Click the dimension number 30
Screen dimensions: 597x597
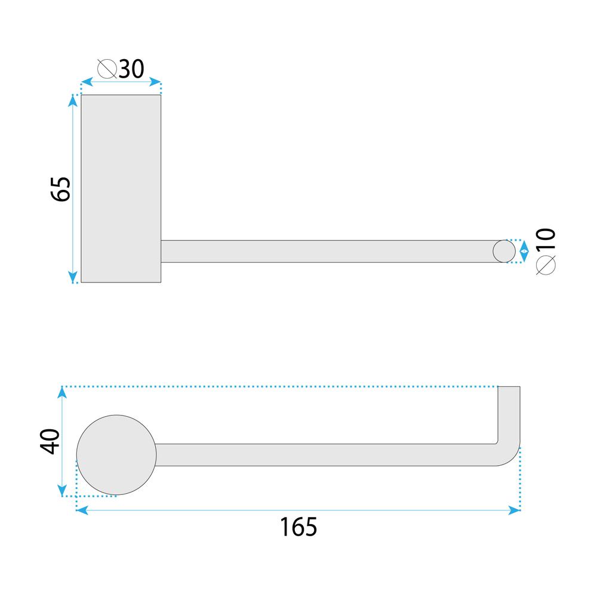click(x=131, y=69)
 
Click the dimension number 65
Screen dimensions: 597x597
click(x=61, y=189)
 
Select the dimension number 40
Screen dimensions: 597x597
click(x=51, y=441)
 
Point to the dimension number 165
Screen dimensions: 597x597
click(x=298, y=527)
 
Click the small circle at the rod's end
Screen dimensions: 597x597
click(x=504, y=251)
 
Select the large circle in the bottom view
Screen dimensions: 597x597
click(x=117, y=454)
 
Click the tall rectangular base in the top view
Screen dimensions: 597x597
click(x=121, y=188)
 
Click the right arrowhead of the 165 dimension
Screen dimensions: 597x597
click(x=515, y=510)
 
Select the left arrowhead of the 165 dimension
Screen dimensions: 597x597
click(x=82, y=510)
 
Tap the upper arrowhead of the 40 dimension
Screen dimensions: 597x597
click(x=63, y=392)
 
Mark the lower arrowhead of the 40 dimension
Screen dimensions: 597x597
click(x=63, y=491)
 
